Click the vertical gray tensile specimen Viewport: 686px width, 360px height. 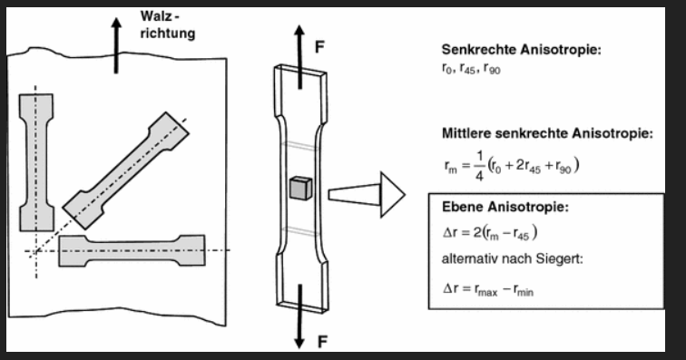36,162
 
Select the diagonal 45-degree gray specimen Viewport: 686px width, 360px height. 126,170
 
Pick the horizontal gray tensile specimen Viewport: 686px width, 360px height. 132,250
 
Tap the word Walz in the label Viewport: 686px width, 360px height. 155,16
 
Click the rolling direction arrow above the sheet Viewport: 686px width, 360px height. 116,45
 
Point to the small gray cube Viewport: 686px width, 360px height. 300,188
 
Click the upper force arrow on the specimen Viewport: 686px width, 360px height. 299,57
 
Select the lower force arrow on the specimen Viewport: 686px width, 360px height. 299,316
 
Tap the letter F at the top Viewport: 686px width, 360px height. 319,47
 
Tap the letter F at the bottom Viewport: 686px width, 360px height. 322,342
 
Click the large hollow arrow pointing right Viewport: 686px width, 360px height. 367,195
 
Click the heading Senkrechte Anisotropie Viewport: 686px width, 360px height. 522,50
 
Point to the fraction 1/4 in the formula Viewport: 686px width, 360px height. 479,166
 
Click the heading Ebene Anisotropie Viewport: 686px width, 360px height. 505,207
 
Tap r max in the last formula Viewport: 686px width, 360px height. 486,290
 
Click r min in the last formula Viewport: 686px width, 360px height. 524,290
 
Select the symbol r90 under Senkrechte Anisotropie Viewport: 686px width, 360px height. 492,69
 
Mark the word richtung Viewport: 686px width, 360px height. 168,34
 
